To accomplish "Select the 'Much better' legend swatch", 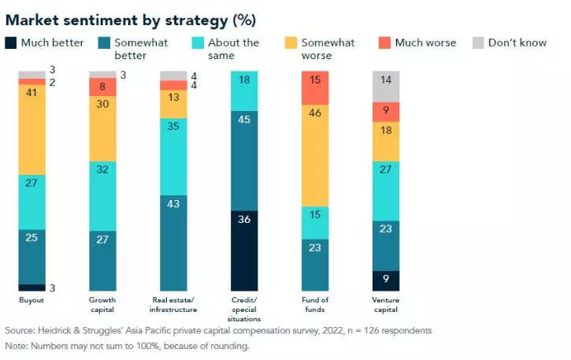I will pos(11,43).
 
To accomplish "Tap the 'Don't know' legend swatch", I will pos(478,43).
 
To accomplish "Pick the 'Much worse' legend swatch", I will pos(385,43).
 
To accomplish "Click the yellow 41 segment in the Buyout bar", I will pos(32,130).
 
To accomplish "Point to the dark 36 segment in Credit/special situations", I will pos(244,251).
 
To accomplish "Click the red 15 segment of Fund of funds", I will pos(315,87).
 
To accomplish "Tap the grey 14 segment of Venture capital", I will pos(386,86).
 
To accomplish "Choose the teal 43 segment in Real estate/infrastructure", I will pos(173,243).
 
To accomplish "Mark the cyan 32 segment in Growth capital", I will pos(103,195).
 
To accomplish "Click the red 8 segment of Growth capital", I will pos(103,87).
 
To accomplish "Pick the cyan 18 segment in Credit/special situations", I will pos(244,90).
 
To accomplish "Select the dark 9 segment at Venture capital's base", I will pos(386,280).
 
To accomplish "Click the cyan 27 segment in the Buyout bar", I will pos(32,202).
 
